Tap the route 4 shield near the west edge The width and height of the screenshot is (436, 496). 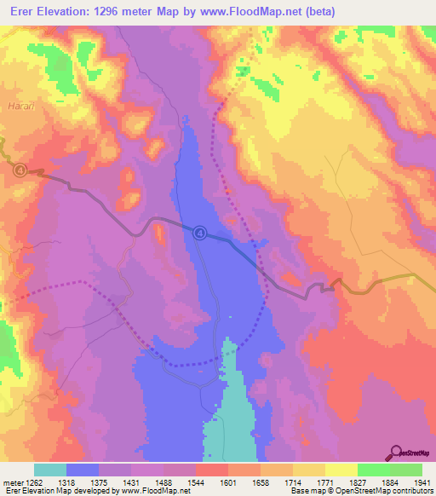coord(20,170)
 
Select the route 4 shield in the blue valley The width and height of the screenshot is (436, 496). coord(199,231)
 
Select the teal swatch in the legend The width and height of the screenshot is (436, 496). coord(50,470)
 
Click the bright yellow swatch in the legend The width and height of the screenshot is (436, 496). coord(341,470)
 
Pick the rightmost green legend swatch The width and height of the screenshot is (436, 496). coord(405,470)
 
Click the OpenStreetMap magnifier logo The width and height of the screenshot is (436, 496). coord(396,453)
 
